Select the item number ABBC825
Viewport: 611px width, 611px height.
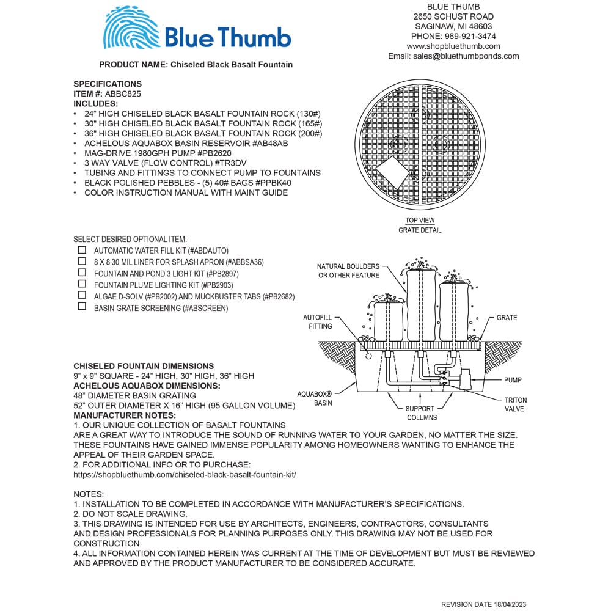pos(124,93)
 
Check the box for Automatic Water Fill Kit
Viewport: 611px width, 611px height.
pos(82,250)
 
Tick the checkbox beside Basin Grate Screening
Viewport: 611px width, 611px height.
pos(82,307)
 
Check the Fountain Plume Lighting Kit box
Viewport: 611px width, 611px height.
pos(82,284)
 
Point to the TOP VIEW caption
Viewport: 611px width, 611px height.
pos(420,221)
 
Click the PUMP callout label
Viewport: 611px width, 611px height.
pos(513,380)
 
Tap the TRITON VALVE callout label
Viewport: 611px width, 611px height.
pos(514,404)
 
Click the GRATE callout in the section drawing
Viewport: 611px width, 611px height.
pos(507,318)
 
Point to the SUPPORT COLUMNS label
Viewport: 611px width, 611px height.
pos(420,413)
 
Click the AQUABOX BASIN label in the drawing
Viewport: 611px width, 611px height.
pos(315,399)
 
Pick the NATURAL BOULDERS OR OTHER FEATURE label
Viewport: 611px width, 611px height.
pos(348,271)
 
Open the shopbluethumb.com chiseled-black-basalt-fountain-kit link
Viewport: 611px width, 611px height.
pos(185,474)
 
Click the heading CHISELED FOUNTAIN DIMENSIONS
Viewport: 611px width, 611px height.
pos(144,366)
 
